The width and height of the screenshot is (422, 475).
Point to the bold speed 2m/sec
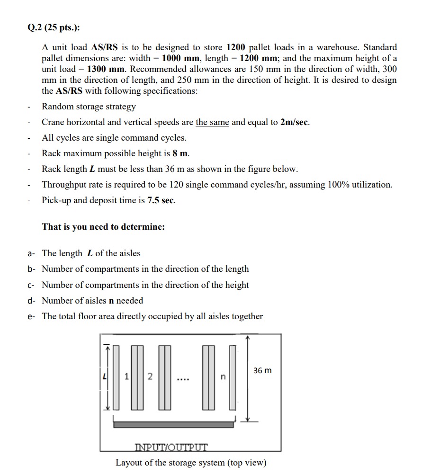pos(295,122)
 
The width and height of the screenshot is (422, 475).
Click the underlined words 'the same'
pos(212,122)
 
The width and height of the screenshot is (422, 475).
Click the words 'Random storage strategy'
pos(89,107)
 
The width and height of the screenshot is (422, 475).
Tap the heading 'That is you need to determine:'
pos(103,226)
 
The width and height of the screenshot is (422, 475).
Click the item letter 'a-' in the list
pos(31,253)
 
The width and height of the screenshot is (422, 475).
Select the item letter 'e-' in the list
pos(31,316)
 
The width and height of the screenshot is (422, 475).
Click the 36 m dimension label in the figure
pos(262,370)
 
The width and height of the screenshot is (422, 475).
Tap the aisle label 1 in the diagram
pos(127,376)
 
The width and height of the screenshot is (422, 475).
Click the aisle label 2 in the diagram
pos(150,376)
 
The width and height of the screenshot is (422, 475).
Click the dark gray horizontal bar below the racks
pos(173,424)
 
